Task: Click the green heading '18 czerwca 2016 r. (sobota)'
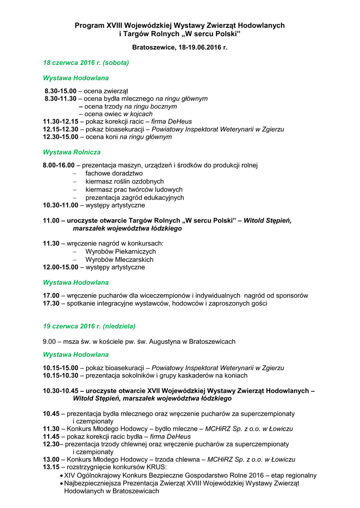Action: tap(86, 63)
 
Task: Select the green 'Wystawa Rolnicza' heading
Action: tap(72, 152)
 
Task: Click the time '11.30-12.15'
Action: tap(61, 122)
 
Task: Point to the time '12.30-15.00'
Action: tap(61, 137)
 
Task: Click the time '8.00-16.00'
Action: tap(59, 165)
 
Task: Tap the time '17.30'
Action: tap(51, 303)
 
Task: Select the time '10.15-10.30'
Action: tap(61, 376)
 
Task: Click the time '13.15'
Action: tap(51, 467)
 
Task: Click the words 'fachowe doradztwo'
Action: tap(114, 174)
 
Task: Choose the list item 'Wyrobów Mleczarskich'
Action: tap(119, 259)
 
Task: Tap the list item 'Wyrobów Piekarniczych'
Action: tap(120, 252)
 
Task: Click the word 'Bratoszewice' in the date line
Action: tap(153, 48)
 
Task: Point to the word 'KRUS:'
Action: tap(156, 467)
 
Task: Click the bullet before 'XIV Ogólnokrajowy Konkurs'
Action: tap(61, 475)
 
